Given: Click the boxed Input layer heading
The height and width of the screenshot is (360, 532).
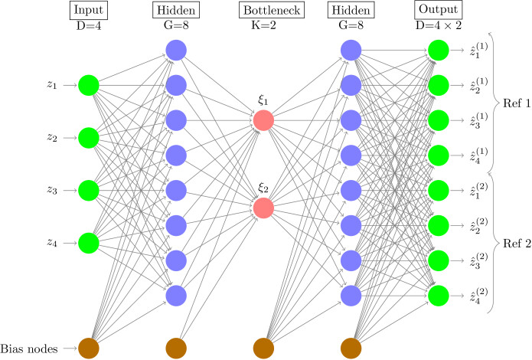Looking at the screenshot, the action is coord(89,10).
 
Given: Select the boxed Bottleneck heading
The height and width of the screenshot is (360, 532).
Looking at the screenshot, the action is coord(272,10).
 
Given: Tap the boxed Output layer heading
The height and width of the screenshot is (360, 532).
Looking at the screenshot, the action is coord(439,9).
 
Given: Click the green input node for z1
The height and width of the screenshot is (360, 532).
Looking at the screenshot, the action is coord(89,85).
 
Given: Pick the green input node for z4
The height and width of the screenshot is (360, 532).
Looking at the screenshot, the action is coord(89,243).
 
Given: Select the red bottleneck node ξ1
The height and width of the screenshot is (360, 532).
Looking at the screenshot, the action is coord(263,120).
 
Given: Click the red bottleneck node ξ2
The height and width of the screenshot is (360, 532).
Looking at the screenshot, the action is coord(263,208).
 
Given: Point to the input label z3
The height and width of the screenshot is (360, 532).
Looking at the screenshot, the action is coord(52,190).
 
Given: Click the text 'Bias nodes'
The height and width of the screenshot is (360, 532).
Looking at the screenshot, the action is coord(29,349).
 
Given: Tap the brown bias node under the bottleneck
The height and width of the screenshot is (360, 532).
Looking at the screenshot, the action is coord(263,349).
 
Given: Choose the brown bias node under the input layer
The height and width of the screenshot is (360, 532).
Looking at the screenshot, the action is coord(89,349).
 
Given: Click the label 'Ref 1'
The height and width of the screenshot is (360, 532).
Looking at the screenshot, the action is coord(517,103).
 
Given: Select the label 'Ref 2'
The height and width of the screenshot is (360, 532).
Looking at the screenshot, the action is coord(517,244).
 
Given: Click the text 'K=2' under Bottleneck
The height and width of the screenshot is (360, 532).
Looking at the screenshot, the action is coord(263,25).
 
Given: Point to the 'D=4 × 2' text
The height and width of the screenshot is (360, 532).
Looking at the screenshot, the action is coord(439,25).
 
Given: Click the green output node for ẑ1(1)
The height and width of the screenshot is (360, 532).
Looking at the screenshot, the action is coord(439,51).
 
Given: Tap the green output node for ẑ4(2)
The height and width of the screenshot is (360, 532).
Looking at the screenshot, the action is coord(439,296).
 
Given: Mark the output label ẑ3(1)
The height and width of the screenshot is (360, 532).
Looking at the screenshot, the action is coord(478,120).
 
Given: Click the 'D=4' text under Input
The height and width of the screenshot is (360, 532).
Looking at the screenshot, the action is coord(89,26).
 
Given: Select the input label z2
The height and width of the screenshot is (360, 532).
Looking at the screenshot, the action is coord(52,137).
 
